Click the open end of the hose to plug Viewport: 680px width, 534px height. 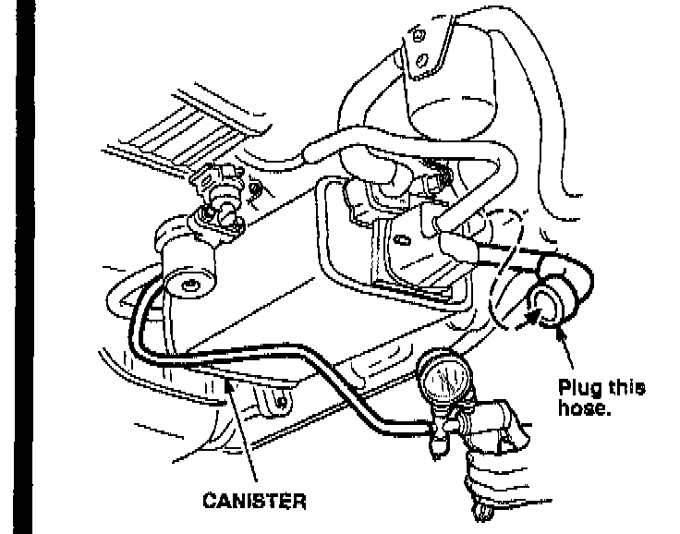(x=548, y=306)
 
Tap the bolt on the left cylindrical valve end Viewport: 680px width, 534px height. (x=191, y=282)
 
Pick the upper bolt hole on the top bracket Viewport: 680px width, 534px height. (x=419, y=35)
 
